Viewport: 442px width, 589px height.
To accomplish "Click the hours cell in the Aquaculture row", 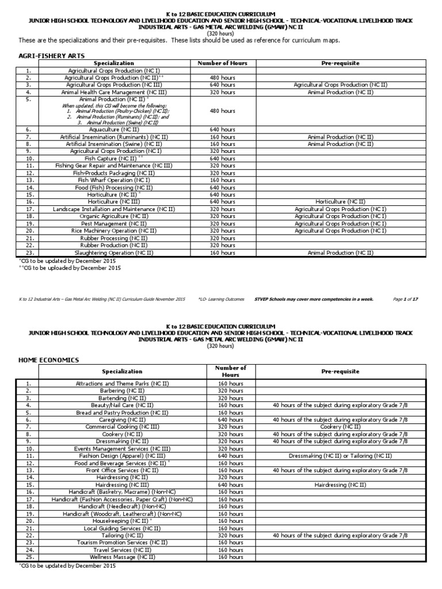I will point(222,130).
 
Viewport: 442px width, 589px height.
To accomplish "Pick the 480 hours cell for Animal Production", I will point(222,111).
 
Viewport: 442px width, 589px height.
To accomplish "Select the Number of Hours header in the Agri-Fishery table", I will point(222,63).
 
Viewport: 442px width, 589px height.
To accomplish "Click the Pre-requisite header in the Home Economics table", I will point(340,372).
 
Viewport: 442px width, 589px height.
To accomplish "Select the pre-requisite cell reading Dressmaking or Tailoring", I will point(340,456).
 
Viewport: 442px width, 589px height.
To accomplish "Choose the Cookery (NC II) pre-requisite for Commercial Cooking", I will point(340,427).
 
